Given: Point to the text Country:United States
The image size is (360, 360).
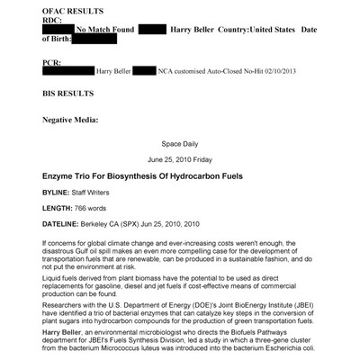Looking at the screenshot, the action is coord(269,30).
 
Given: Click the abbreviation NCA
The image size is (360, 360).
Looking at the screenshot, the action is coord(171,70).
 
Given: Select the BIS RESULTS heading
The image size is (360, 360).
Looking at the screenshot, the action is coord(68,94).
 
